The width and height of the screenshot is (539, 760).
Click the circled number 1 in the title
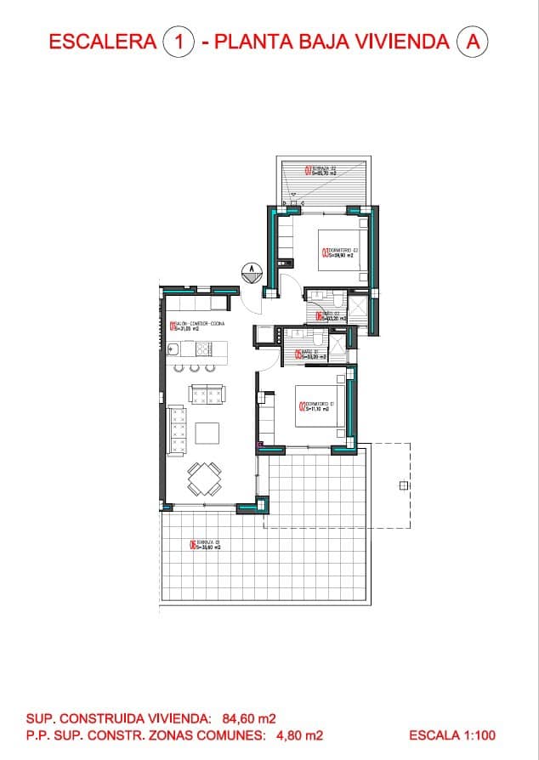(x=179, y=41)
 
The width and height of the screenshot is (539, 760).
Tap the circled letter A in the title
(x=473, y=41)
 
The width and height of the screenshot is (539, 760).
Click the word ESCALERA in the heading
(x=103, y=41)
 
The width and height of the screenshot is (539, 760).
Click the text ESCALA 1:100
(x=451, y=735)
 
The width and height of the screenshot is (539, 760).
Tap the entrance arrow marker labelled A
(x=251, y=272)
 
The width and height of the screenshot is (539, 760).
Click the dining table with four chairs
(x=204, y=479)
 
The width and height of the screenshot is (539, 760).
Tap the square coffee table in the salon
(x=207, y=433)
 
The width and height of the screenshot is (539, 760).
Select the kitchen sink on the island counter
(x=173, y=348)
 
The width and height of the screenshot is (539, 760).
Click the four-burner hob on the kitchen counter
(x=204, y=348)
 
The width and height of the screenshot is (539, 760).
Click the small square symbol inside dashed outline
(x=400, y=485)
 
